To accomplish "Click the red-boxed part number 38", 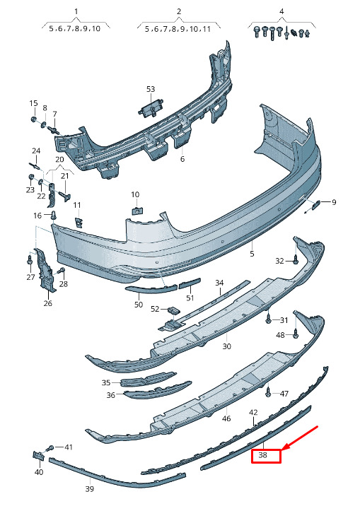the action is (262, 455).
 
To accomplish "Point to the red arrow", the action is (300, 438).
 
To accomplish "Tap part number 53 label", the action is (151, 89).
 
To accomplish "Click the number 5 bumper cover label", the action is (252, 253).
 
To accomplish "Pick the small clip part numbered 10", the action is (137, 210).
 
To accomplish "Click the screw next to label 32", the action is (296, 260).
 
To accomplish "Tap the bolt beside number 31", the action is (268, 319).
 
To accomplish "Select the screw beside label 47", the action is (268, 394).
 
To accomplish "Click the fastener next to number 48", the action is (296, 334).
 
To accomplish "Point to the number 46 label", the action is (226, 418).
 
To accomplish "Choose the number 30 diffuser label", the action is (226, 346).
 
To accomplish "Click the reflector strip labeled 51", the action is (190, 283).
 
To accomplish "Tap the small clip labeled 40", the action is (38, 455).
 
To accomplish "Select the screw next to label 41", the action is (50, 448).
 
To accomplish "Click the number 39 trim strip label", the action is (89, 489).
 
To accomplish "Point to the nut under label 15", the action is (33, 119).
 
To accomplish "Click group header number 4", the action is (281, 11).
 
